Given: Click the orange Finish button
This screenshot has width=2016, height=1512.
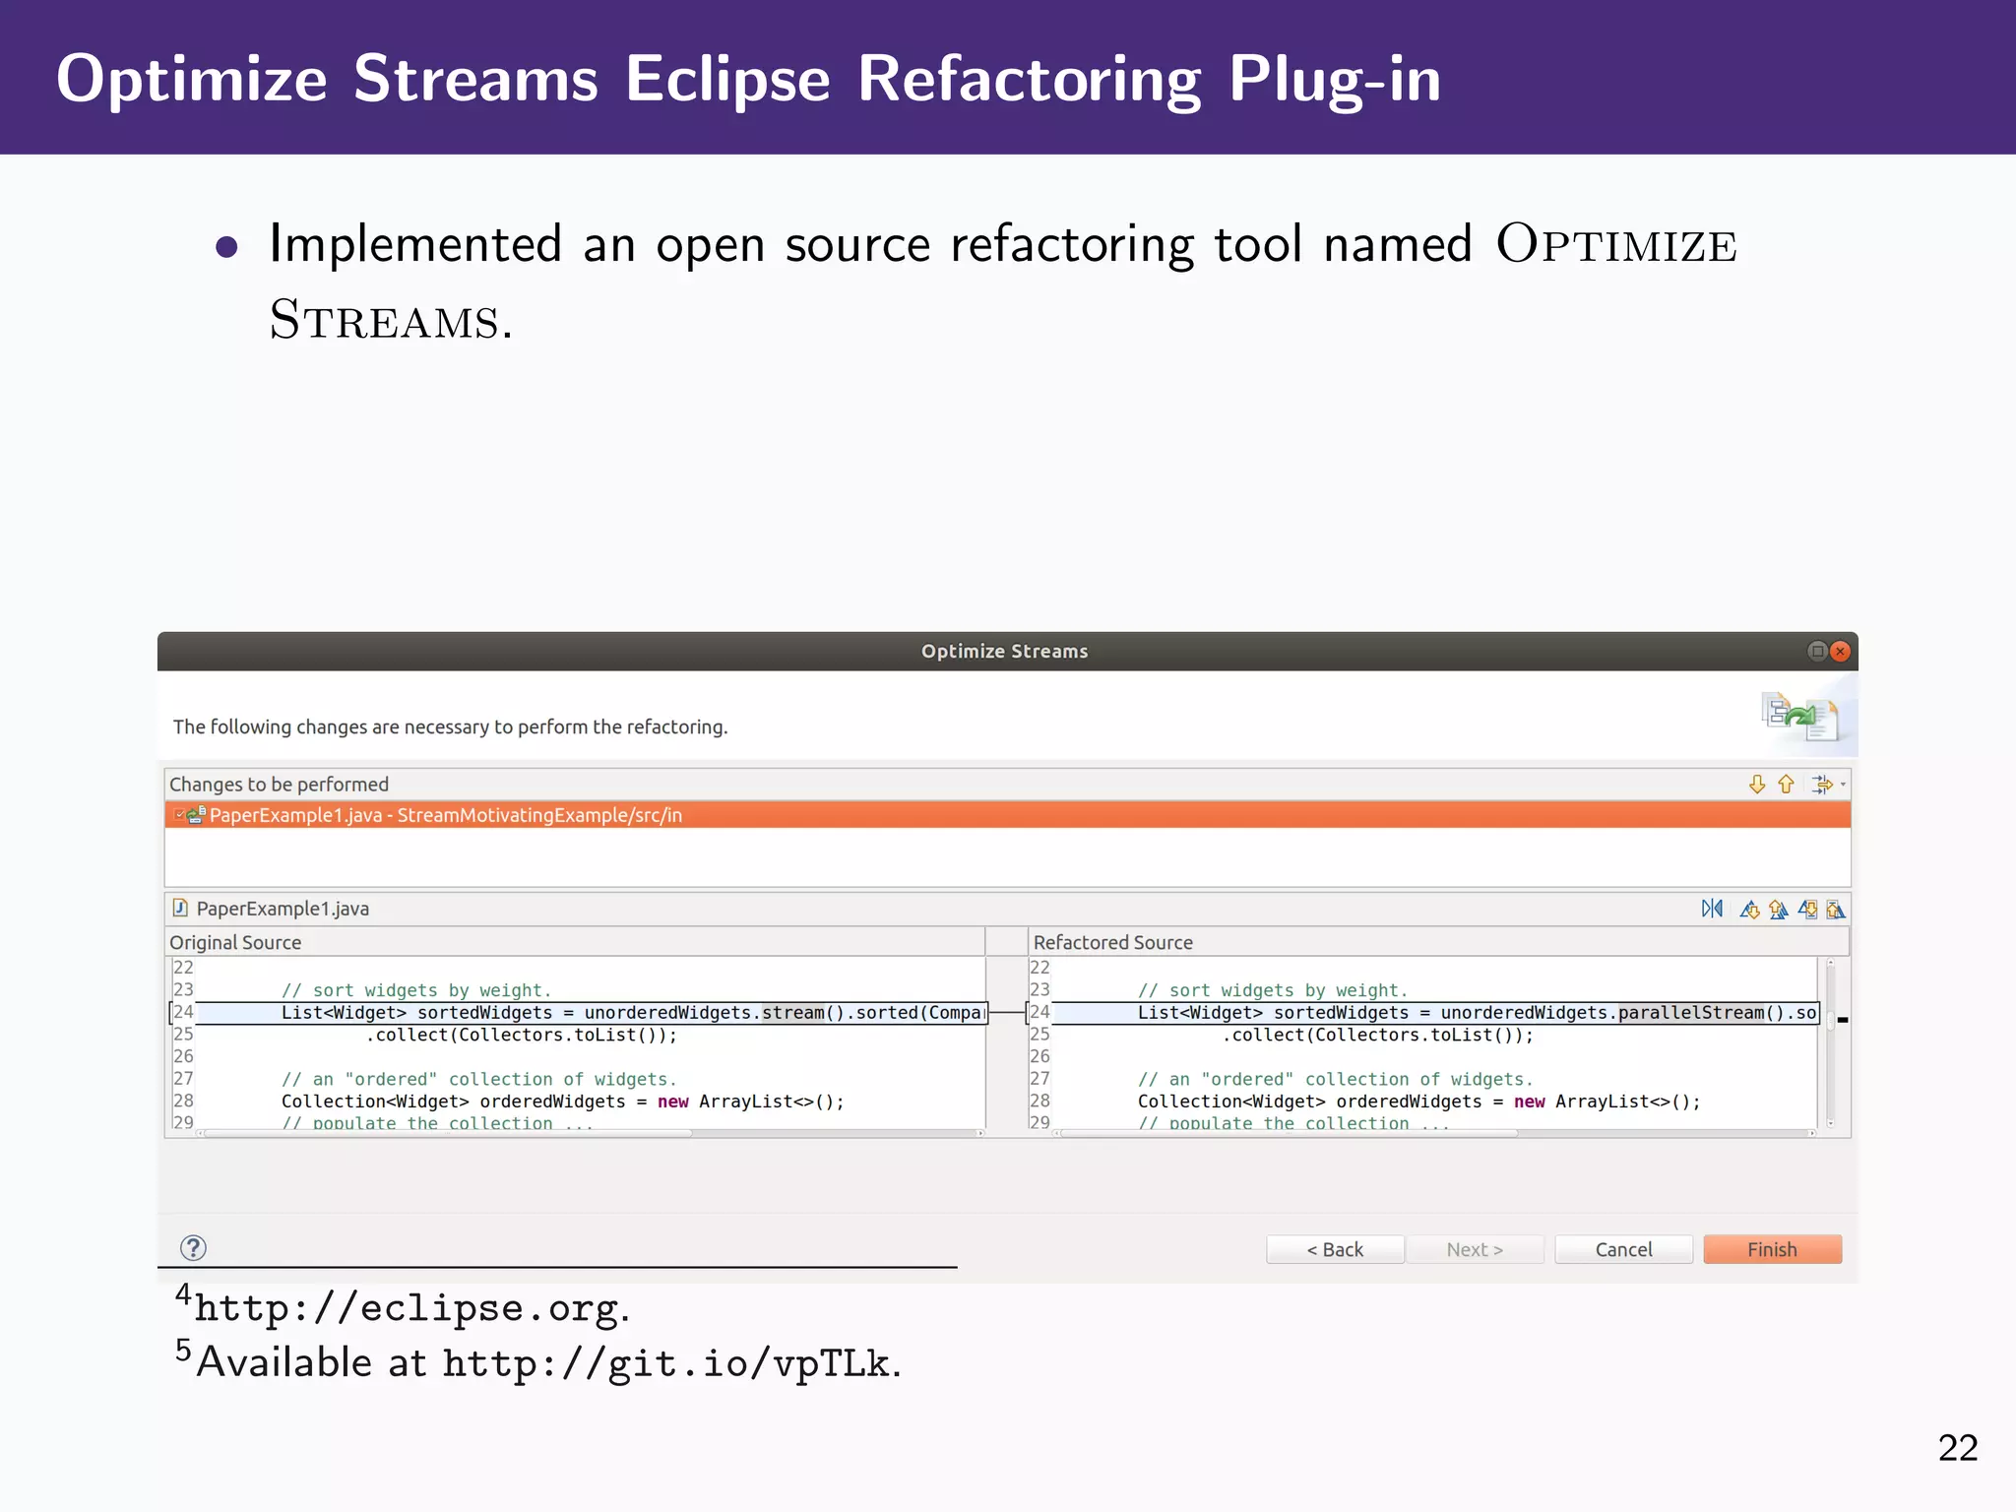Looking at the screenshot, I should pos(1772,1249).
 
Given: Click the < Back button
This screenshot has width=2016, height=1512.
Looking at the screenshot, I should pos(1334,1249).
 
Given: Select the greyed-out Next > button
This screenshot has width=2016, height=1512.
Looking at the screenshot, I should pos(1474,1249).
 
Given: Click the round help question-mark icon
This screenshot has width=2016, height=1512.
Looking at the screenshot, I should pos(194,1248).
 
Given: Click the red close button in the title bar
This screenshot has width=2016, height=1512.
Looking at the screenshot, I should pos(1840,651).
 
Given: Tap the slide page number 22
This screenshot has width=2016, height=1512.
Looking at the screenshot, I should pos(1957,1448).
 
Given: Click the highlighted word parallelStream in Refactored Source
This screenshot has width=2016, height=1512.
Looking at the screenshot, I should pos(1690,1013).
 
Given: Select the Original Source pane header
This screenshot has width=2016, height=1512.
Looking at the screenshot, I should pos(235,942).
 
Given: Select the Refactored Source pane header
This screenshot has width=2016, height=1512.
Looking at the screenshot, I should pos(1112,942).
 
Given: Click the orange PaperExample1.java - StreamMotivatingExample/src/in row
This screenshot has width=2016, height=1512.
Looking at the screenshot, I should pos(445,815).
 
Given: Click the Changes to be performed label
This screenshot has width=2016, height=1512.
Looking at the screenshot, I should pos(279,785).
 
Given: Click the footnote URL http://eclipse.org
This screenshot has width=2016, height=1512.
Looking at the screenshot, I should pos(408,1308).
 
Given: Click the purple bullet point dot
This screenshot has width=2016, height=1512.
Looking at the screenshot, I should pos(226,247).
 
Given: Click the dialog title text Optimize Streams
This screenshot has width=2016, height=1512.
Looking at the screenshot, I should pos(1004,651).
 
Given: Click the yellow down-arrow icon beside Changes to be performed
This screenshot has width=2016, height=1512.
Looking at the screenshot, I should pos(1756,785).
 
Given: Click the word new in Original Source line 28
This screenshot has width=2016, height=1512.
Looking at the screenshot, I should pos(672,1102).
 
